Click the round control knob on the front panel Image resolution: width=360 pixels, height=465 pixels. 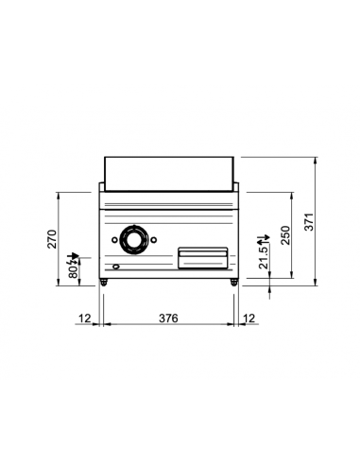click(132, 240)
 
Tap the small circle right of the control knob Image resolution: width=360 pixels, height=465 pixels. click(153, 240)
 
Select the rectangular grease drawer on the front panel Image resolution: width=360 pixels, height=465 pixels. click(202, 252)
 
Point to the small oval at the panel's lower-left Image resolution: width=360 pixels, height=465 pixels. click(116, 267)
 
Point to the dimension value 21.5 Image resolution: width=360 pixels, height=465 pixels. click(266, 256)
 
